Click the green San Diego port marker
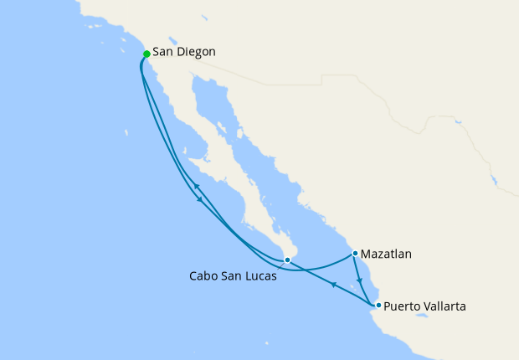click(146, 54)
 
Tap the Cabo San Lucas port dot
click(287, 260)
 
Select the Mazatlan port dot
click(355, 253)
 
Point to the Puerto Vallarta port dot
click(378, 305)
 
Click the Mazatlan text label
click(388, 253)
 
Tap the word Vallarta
click(446, 306)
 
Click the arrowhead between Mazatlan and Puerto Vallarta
click(359, 281)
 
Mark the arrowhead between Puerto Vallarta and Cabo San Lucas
click(333, 285)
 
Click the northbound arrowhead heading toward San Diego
click(195, 186)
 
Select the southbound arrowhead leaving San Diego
click(199, 200)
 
